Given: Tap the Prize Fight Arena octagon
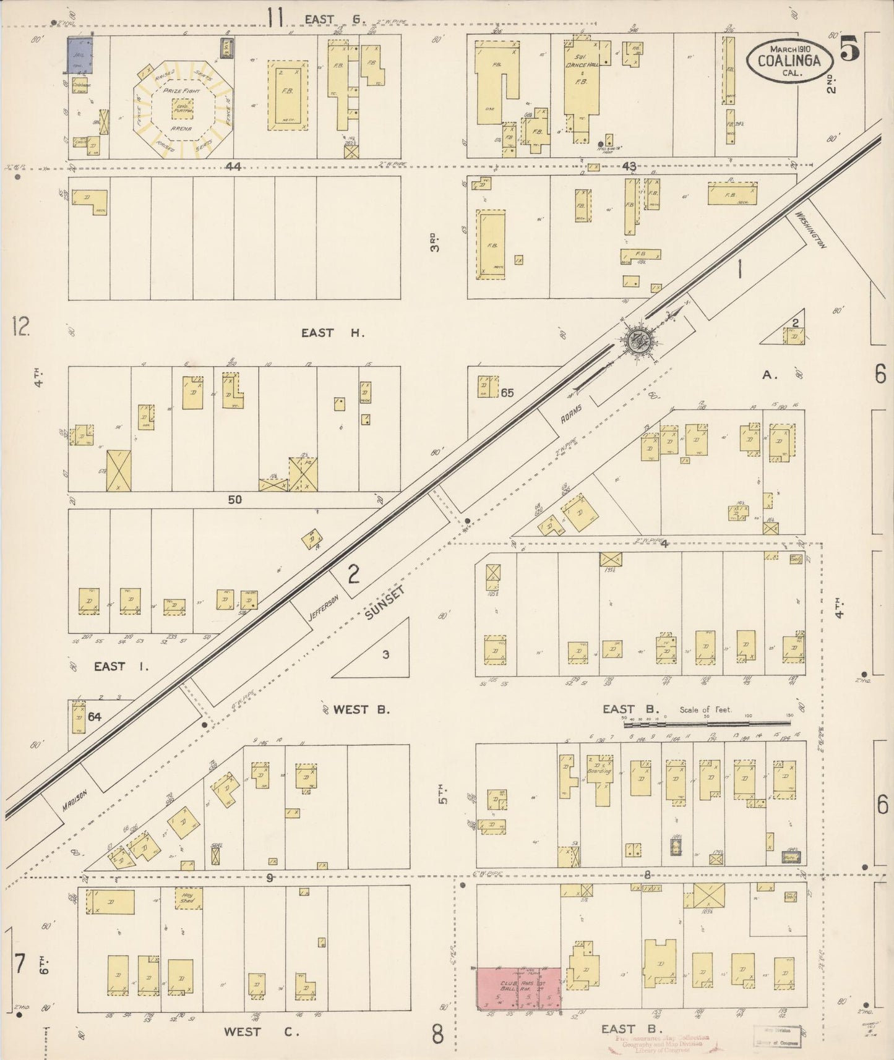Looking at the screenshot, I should [182, 109].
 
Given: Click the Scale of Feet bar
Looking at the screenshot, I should [705, 720].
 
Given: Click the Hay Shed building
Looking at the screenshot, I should [187, 898].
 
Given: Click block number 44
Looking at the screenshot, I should [233, 166].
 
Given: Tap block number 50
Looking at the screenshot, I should [234, 499].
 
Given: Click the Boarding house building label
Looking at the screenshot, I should [599, 771].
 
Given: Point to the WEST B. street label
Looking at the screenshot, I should [361, 709].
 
